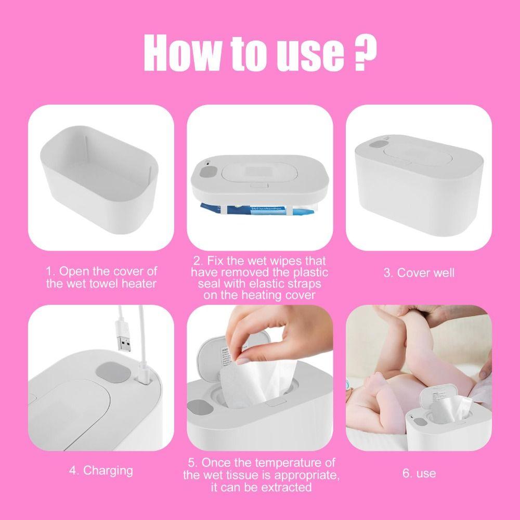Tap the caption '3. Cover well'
coord(419,273)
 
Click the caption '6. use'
coord(419,473)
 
